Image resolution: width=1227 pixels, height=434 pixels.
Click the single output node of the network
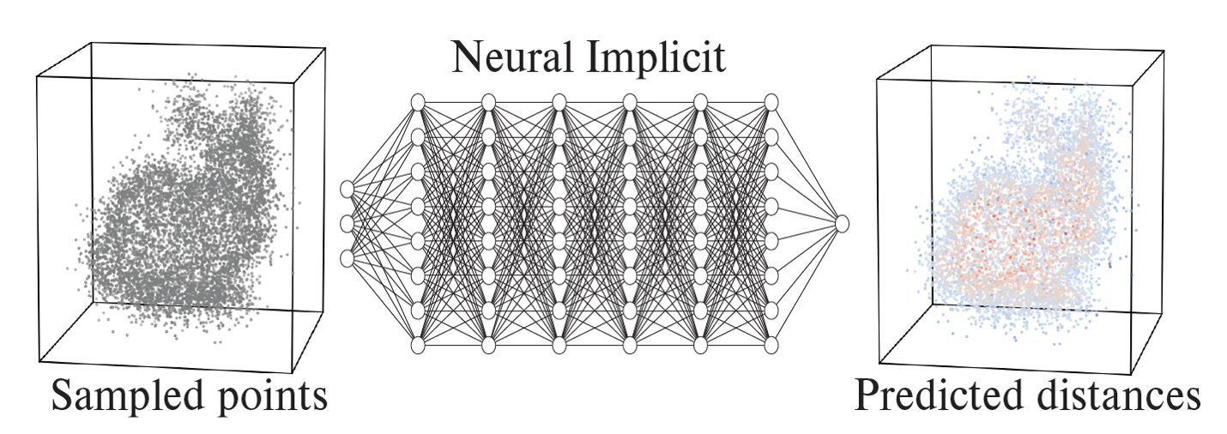842,223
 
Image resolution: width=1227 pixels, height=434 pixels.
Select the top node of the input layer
348,189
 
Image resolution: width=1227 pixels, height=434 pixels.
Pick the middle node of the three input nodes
348,223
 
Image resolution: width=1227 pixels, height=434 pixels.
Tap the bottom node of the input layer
348,257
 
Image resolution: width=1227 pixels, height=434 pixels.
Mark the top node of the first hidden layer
419,102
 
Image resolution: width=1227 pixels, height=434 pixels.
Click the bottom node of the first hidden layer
419,345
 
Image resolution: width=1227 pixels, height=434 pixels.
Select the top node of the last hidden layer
771,102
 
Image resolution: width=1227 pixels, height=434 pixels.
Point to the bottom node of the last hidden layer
771,345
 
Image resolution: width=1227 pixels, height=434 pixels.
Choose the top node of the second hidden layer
489,102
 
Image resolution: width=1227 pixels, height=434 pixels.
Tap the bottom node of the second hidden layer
489,345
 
